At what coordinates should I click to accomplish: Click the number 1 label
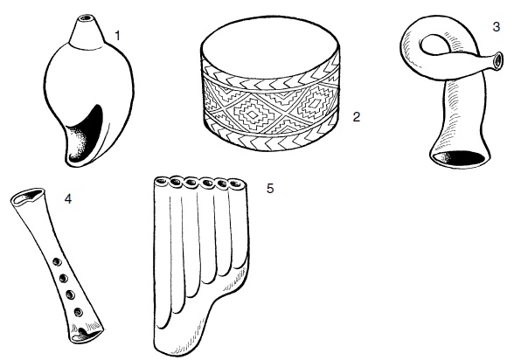pyautogui.click(x=118, y=35)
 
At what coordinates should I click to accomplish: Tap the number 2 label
pyautogui.click(x=357, y=116)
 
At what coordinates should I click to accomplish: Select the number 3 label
pyautogui.click(x=497, y=27)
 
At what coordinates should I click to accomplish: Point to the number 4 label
pyautogui.click(x=68, y=198)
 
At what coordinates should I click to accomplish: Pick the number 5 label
pyautogui.click(x=270, y=189)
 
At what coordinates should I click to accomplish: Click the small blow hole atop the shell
pyautogui.click(x=87, y=17)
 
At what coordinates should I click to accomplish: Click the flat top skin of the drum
pyautogui.click(x=270, y=49)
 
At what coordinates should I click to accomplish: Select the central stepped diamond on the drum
pyautogui.click(x=253, y=114)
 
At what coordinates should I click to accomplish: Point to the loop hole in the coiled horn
pyautogui.click(x=433, y=45)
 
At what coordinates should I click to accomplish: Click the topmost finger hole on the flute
pyautogui.click(x=57, y=262)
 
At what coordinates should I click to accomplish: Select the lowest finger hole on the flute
pyautogui.click(x=78, y=312)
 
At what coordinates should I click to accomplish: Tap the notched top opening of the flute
pyautogui.click(x=28, y=197)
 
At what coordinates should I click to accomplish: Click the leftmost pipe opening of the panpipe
pyautogui.click(x=161, y=181)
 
